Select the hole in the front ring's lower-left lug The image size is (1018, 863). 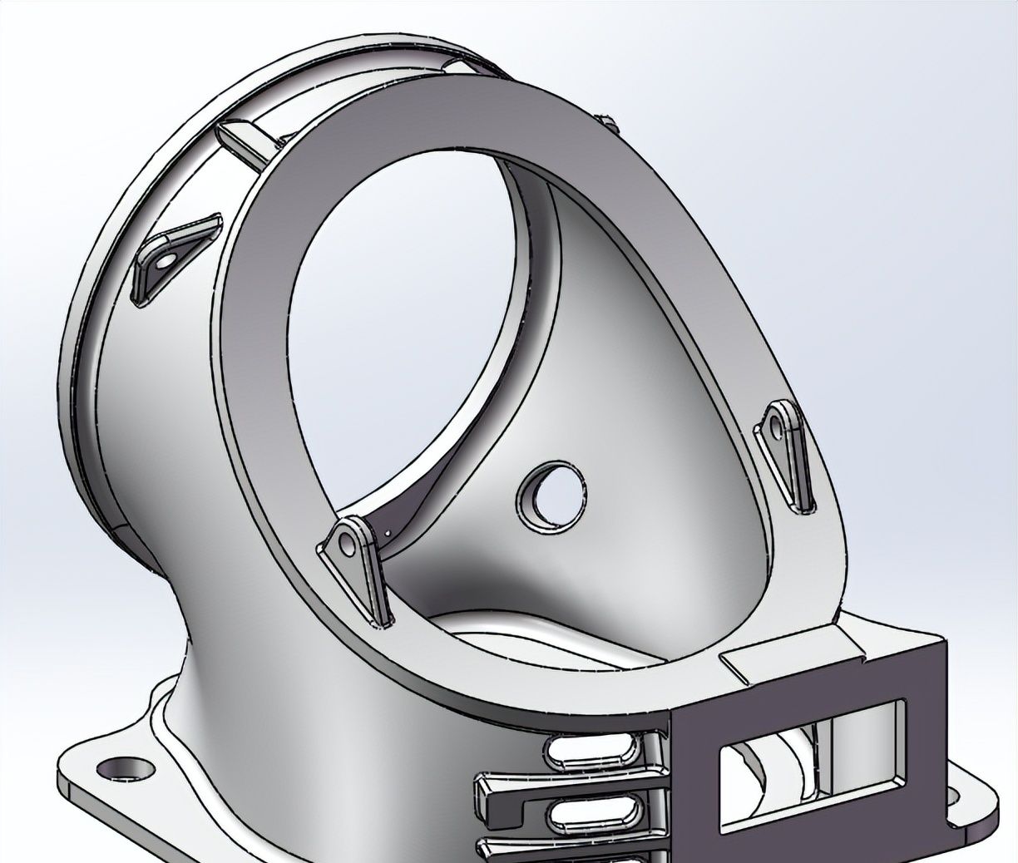348,543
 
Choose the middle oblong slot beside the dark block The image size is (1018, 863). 595,806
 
